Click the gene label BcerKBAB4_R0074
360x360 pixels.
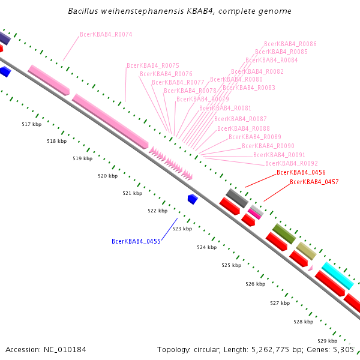pyautogui.click(x=106, y=34)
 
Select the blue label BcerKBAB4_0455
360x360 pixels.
pyautogui.click(x=136, y=241)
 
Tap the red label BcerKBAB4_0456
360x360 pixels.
pyautogui.click(x=301, y=172)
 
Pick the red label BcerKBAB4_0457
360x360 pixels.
pyautogui.click(x=314, y=182)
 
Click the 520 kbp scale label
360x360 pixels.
pyautogui.click(x=107, y=176)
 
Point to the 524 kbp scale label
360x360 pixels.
pyautogui.click(x=206, y=247)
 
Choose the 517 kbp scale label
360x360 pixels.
pyautogui.click(x=31, y=124)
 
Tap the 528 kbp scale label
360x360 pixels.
pyautogui.click(x=303, y=322)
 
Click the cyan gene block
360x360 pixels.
pyautogui.click(x=337, y=276)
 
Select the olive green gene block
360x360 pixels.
pyautogui.click(x=284, y=233)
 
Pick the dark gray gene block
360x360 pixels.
pyautogui.click(x=237, y=198)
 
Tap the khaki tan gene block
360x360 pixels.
pyautogui.click(x=306, y=251)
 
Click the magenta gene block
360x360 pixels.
pyautogui.click(x=254, y=214)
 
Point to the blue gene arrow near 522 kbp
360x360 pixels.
pyautogui.click(x=193, y=199)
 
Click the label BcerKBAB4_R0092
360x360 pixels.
pyautogui.click(x=292, y=163)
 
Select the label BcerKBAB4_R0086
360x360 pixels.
pyautogui.click(x=290, y=44)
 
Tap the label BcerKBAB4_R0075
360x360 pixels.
pyautogui.click(x=153, y=65)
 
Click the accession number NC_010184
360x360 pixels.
pyautogui.click(x=65, y=350)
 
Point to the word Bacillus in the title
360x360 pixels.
pyautogui.click(x=83, y=11)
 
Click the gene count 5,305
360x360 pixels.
pyautogui.click(x=343, y=350)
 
